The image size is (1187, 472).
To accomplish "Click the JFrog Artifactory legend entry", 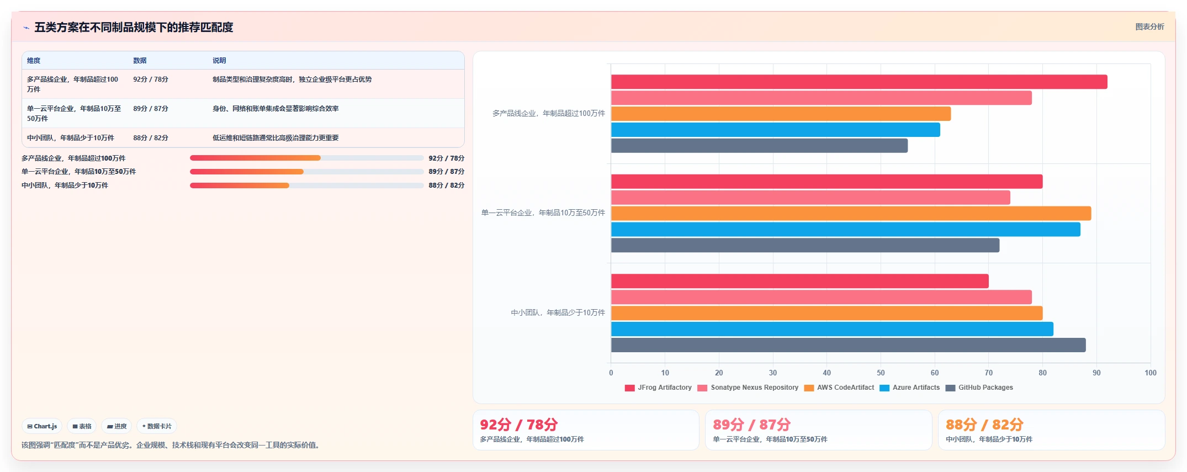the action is pos(658,388).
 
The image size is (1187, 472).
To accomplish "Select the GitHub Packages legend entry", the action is pos(979,388).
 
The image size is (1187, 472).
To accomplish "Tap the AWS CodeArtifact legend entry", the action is pos(839,388).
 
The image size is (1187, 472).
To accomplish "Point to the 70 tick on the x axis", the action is pos(989,373).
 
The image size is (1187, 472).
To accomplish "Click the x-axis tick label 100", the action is pos(1151,373).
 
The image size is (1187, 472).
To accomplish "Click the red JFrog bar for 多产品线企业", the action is pos(859,82).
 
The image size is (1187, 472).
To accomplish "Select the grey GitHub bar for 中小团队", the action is pos(849,345).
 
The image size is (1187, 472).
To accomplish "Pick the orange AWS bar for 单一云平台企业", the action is pos(851,214).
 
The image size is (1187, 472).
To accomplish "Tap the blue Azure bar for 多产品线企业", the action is pos(776,130).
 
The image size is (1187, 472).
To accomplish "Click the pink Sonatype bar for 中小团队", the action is pos(822,297).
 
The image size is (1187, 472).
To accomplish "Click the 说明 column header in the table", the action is pos(219,61).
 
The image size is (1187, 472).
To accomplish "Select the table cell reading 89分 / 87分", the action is pos(151,109).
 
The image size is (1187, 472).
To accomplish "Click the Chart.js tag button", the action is pos(42,426).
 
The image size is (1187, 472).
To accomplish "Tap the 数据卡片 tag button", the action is pos(157,426).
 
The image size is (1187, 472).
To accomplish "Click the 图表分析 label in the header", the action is pos(1149,26).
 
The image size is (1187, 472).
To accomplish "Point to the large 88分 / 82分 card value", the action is pos(984,425).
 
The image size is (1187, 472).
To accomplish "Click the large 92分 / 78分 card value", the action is pos(519,425).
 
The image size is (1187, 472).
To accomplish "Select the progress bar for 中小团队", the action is pos(307,185).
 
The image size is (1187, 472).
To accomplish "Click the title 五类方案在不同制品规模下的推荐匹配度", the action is pos(134,27).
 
